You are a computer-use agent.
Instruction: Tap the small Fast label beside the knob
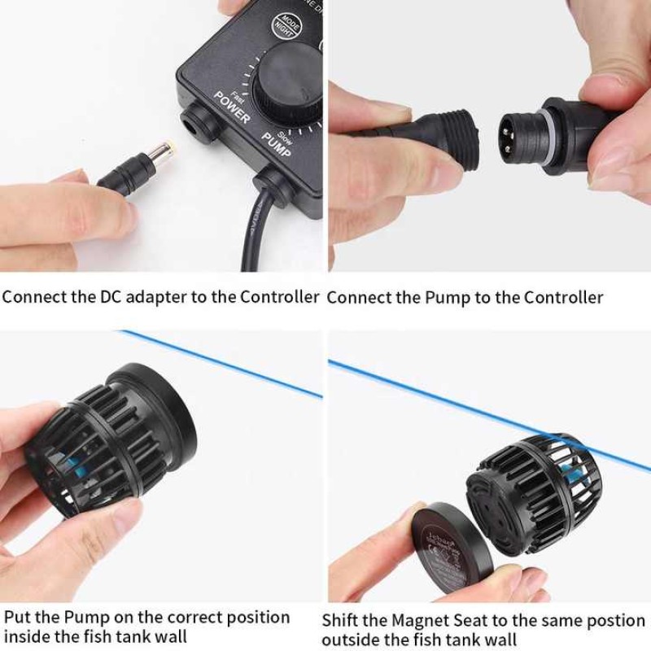coord(237,92)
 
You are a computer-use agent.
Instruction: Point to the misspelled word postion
coord(583,620)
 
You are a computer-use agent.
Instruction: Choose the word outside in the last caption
coord(352,640)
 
